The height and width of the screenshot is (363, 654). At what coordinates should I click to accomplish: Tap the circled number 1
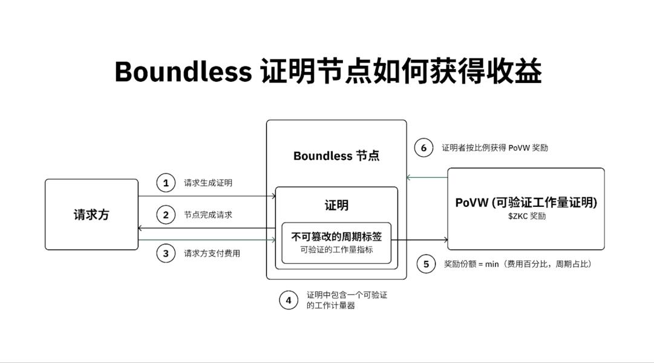pyautogui.click(x=166, y=183)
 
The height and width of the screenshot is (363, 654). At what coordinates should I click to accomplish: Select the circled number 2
pyautogui.click(x=166, y=215)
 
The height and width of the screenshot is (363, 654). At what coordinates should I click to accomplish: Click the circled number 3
pyautogui.click(x=166, y=253)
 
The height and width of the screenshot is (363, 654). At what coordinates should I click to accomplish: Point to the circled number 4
pyautogui.click(x=288, y=300)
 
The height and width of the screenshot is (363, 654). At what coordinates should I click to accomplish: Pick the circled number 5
pyautogui.click(x=426, y=264)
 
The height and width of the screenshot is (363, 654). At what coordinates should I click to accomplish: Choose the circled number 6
pyautogui.click(x=423, y=148)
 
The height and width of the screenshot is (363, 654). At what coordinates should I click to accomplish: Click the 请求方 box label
pyautogui.click(x=91, y=214)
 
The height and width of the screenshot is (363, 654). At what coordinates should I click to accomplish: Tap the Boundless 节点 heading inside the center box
pyautogui.click(x=336, y=156)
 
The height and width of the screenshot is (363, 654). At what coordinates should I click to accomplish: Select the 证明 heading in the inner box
pyautogui.click(x=336, y=205)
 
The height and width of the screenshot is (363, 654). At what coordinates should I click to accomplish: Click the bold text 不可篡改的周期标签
pyautogui.click(x=336, y=237)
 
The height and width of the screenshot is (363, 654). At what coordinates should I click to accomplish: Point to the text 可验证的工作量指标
pyautogui.click(x=336, y=250)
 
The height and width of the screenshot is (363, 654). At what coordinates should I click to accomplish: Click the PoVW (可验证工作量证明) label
pyautogui.click(x=526, y=203)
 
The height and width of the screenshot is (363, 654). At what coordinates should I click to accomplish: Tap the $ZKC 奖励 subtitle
pyautogui.click(x=527, y=216)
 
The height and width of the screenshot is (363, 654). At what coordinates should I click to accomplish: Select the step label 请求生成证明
pyautogui.click(x=208, y=183)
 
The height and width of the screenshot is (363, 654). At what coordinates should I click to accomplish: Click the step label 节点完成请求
pyautogui.click(x=208, y=215)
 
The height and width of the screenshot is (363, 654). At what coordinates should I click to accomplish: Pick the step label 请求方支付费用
pyautogui.click(x=212, y=253)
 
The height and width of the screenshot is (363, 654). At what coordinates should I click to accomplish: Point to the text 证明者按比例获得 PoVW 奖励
pyautogui.click(x=495, y=148)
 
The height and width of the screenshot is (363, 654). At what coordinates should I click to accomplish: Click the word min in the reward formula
pyautogui.click(x=492, y=264)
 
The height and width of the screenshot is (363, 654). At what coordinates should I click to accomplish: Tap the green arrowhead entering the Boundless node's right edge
pyautogui.click(x=409, y=177)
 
